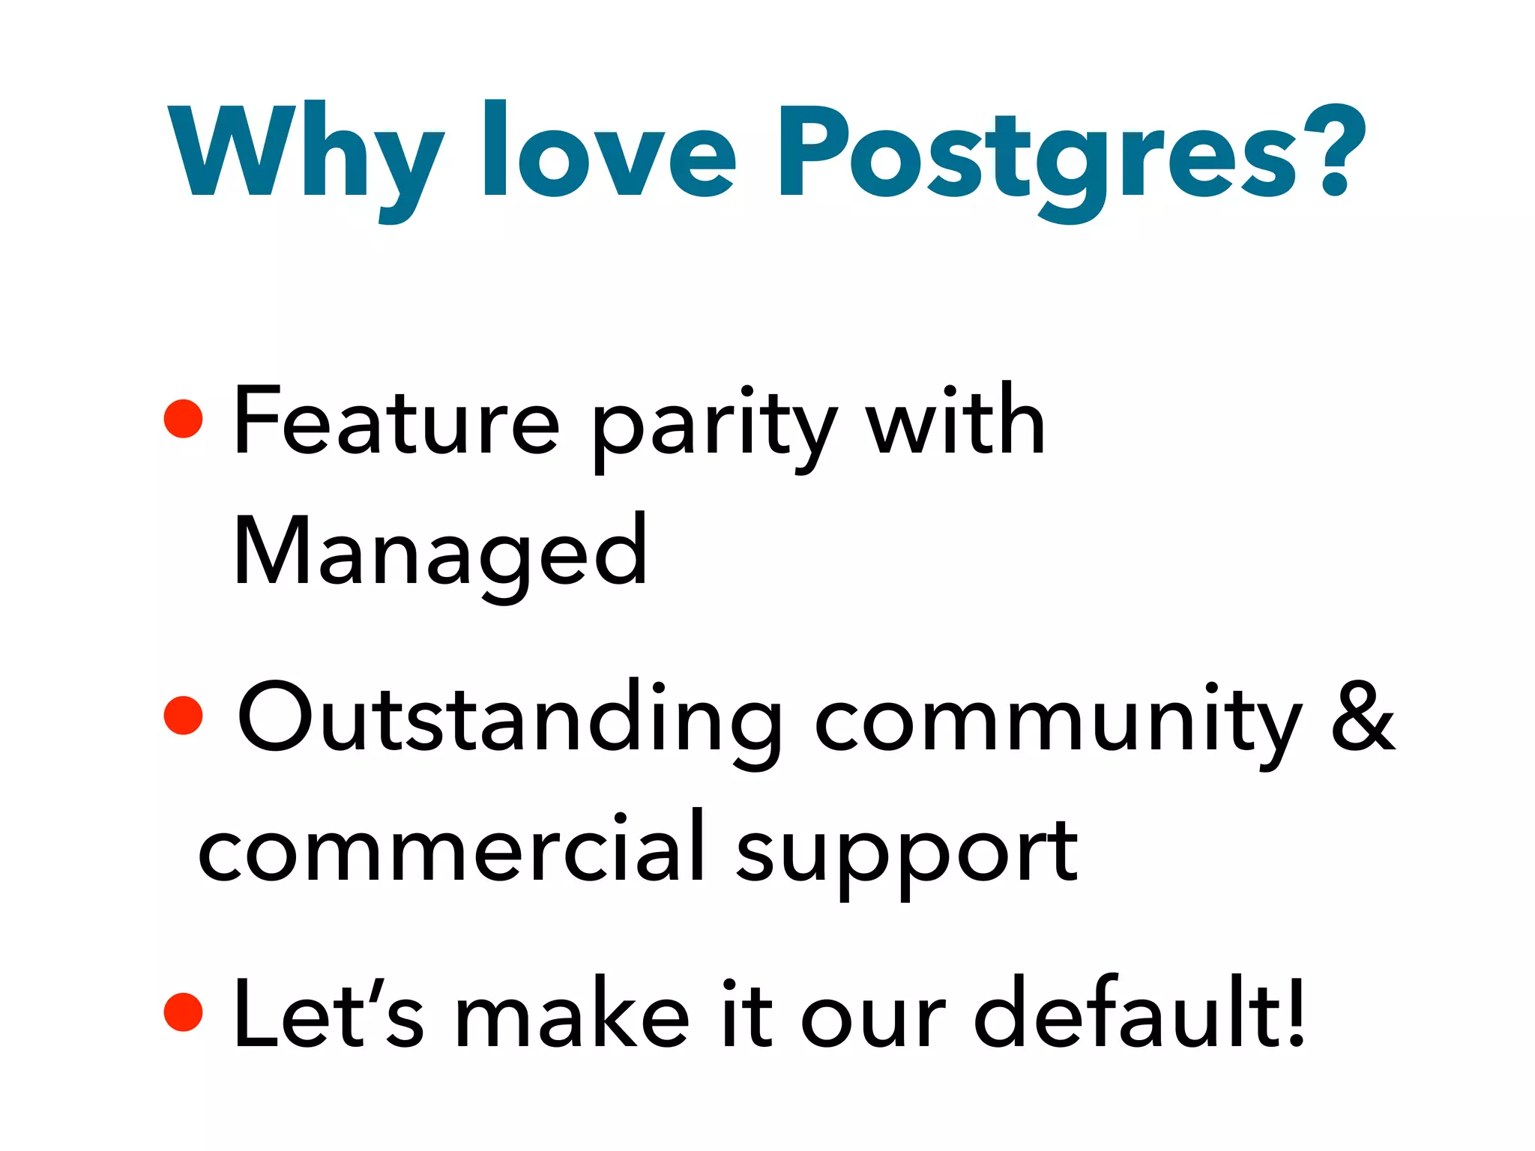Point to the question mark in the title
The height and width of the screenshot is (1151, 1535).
coord(1334,150)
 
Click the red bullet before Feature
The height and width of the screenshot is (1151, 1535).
coord(184,418)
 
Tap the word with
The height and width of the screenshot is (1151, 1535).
coord(956,420)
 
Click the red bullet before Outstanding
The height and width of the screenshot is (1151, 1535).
coord(184,715)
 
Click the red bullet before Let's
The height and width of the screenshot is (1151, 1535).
coord(184,1012)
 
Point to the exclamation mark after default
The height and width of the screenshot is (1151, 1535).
coord(1295,1012)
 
